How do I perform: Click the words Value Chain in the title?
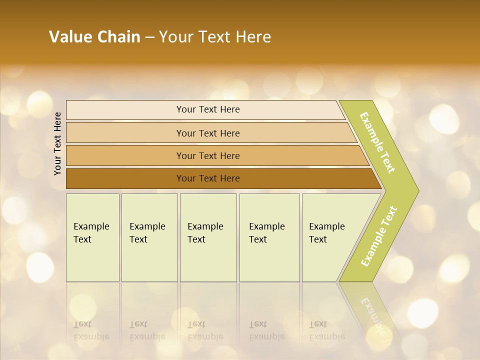tap(94, 37)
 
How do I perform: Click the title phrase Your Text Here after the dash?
tap(215, 37)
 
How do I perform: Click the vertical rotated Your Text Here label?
tap(57, 143)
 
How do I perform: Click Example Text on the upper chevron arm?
tap(377, 142)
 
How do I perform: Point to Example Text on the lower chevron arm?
tap(379, 236)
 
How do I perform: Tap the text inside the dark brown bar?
tap(208, 178)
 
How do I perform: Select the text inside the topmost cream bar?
tap(208, 109)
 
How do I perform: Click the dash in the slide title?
tap(149, 37)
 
